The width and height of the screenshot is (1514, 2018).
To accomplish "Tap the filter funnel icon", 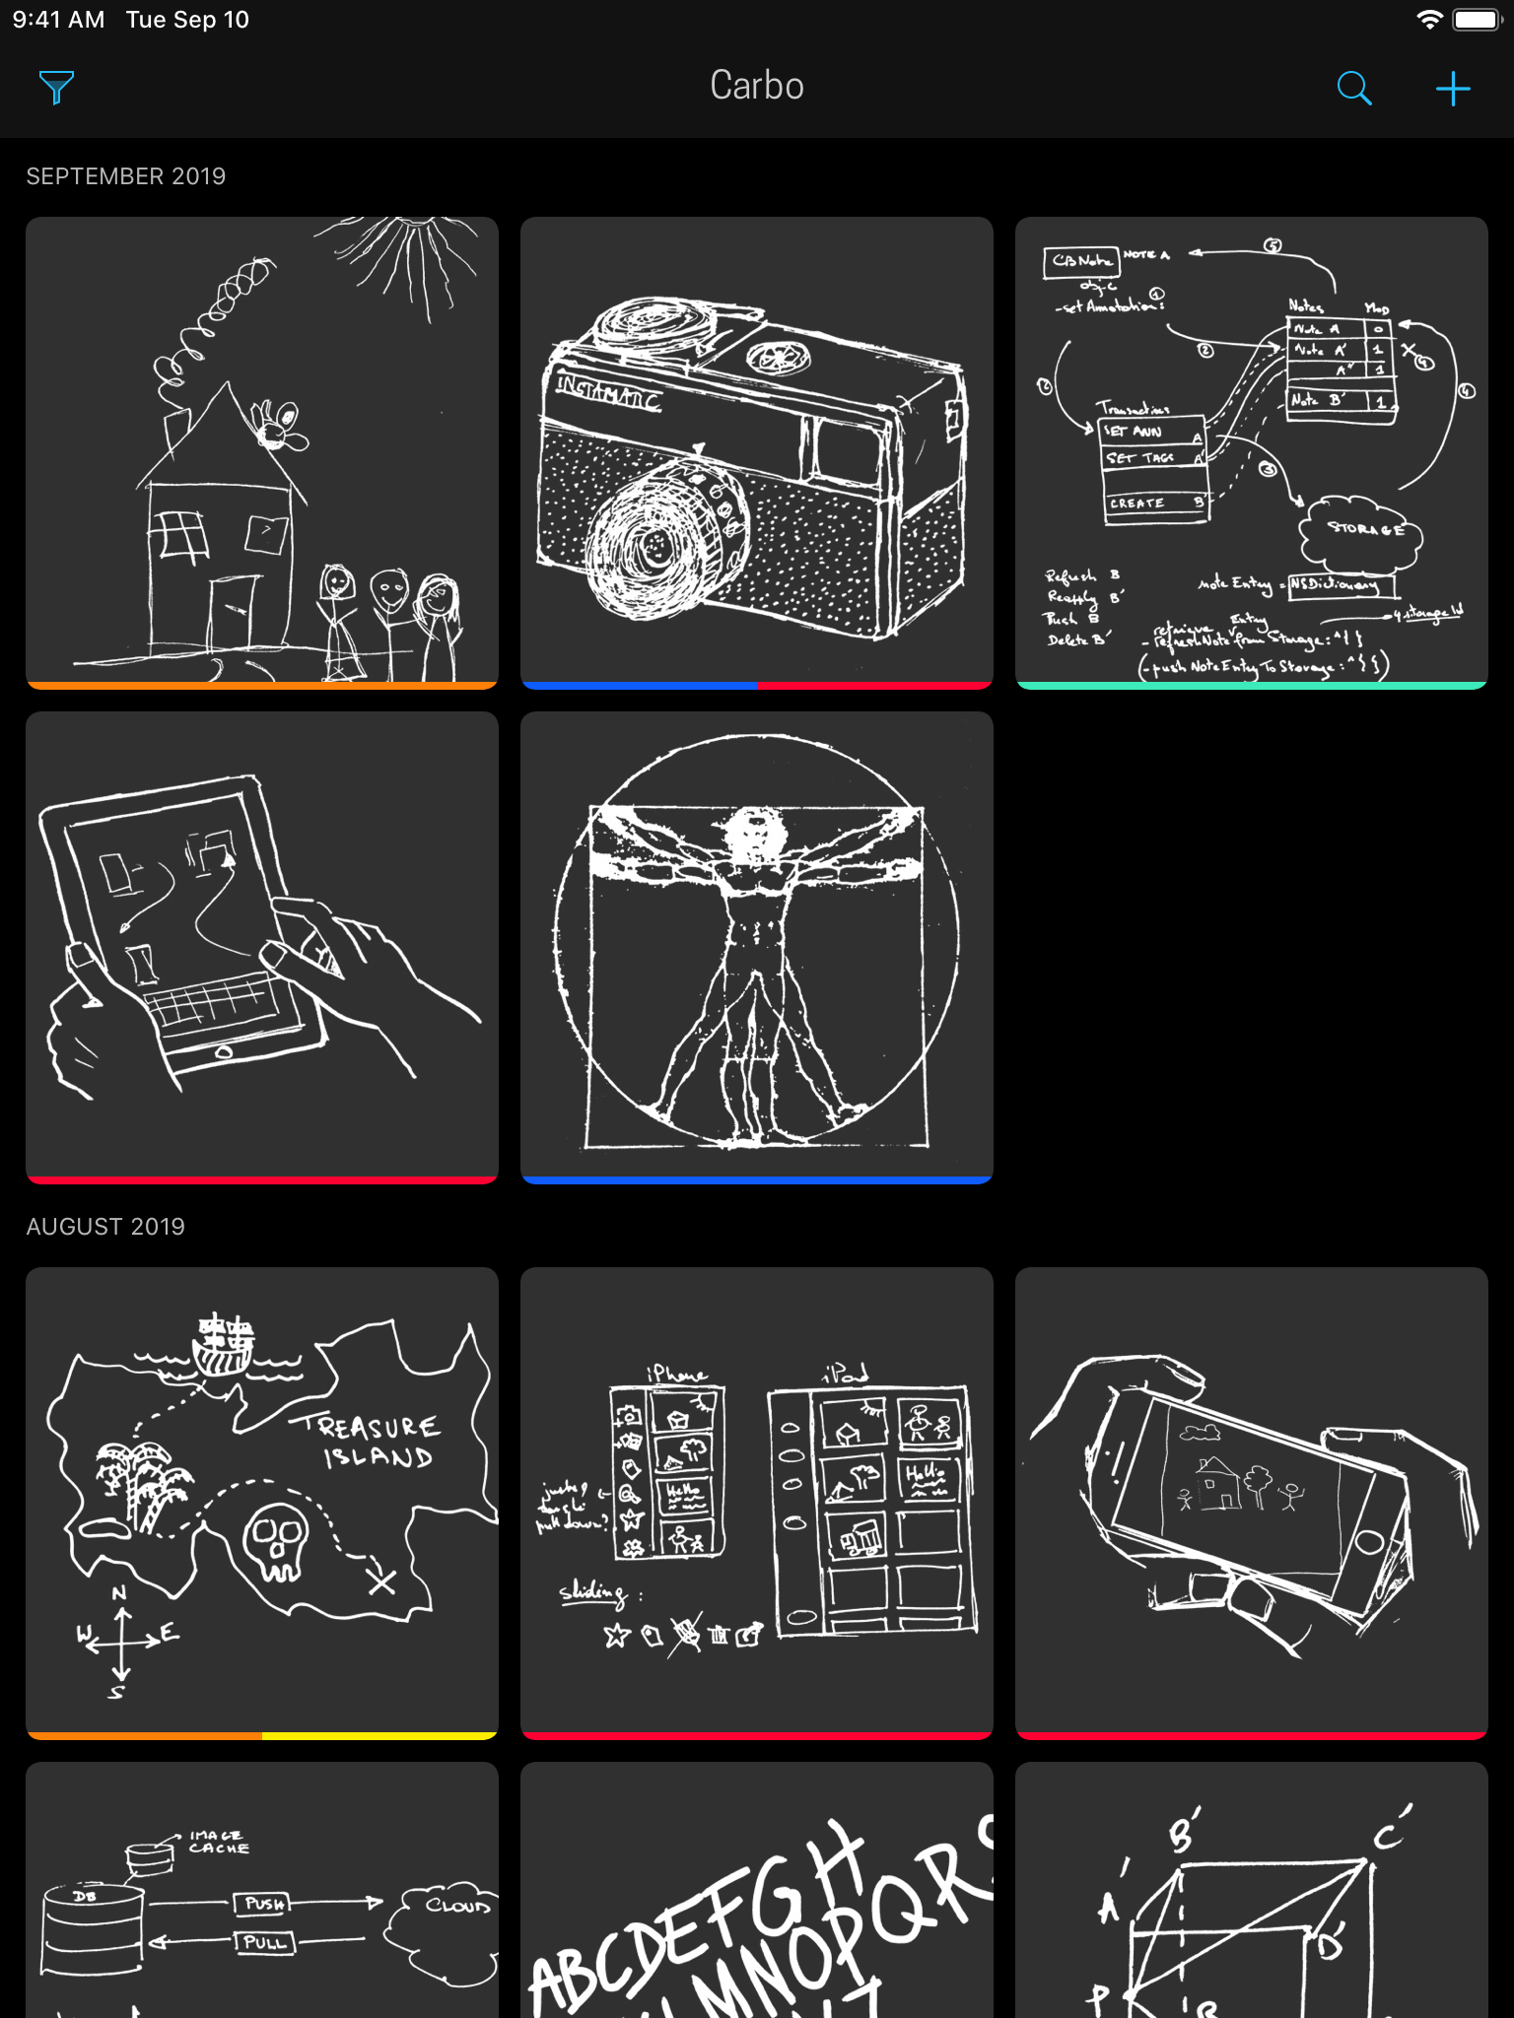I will tap(56, 88).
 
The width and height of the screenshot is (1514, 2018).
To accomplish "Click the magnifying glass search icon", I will tap(1353, 88).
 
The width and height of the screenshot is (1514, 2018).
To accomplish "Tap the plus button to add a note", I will tap(1453, 88).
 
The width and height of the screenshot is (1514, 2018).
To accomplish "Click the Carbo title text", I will tap(756, 86).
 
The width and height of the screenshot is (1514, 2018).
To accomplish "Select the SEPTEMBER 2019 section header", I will tap(126, 176).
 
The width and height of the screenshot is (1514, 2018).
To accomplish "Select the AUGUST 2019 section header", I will tap(105, 1226).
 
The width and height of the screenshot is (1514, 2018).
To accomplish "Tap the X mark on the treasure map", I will tap(381, 1581).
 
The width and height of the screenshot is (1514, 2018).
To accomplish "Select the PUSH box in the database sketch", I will tap(264, 1904).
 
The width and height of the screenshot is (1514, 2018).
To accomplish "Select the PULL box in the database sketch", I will tap(264, 1943).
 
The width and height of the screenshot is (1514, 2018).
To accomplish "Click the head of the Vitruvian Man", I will tap(754, 834).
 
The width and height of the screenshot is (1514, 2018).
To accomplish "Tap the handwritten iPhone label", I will tap(676, 1373).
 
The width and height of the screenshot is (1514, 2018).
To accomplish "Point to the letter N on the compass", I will tap(119, 1592).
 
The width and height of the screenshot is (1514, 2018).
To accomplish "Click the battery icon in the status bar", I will tap(1476, 20).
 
